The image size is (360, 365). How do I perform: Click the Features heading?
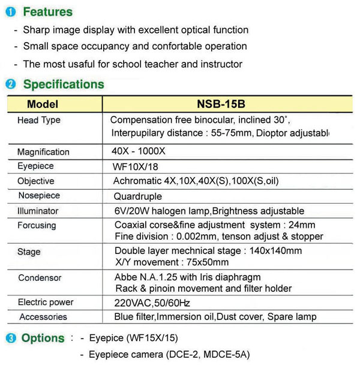pyautogui.click(x=47, y=12)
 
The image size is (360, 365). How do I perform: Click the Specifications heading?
pyautogui.click(x=64, y=85)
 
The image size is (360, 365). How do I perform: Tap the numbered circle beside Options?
pyautogui.click(x=11, y=338)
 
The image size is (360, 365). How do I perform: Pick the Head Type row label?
pyautogui.click(x=39, y=120)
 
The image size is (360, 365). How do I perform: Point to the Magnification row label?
pyautogui.click(x=43, y=152)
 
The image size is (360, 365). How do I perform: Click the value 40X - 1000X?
pyautogui.click(x=140, y=151)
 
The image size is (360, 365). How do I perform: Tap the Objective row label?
pyautogui.click(x=36, y=181)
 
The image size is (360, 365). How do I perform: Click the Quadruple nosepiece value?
pyautogui.click(x=138, y=196)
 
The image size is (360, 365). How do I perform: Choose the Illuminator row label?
pyautogui.click(x=38, y=211)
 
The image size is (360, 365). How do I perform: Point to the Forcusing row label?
pyautogui.click(x=37, y=225)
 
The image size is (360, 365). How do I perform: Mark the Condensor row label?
pyautogui.click(x=40, y=278)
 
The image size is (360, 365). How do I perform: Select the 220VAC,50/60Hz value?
pyautogui.click(x=152, y=302)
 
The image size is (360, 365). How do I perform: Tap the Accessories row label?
pyautogui.click(x=43, y=316)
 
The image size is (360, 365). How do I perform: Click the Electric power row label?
pyautogui.click(x=46, y=302)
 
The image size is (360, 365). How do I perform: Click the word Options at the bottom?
pyautogui.click(x=43, y=338)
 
